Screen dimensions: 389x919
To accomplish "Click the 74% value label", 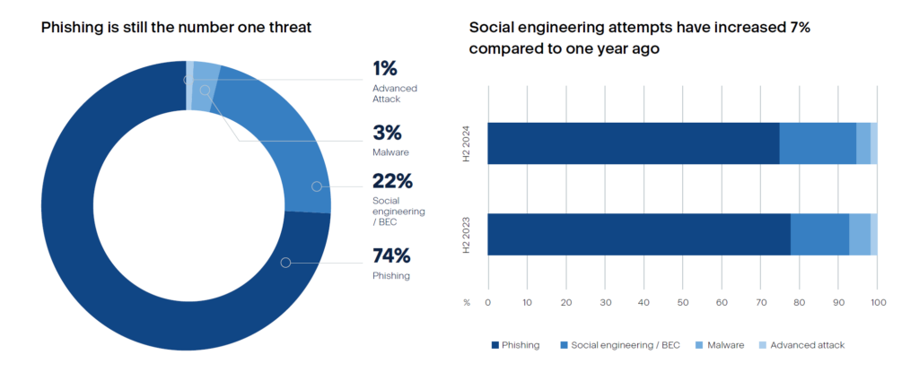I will [392, 255].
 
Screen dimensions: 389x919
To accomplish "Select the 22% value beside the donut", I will [392, 181].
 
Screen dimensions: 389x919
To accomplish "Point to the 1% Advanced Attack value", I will [385, 68].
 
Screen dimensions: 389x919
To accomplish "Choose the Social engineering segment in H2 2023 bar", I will [819, 236].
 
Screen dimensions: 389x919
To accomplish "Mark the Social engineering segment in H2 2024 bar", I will [818, 143].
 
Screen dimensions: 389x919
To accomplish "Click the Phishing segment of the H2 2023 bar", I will [638, 236].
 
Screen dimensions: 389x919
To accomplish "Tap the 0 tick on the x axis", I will [487, 303].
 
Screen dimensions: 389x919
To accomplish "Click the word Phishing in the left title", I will [69, 28].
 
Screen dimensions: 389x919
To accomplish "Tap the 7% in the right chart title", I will [799, 28].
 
